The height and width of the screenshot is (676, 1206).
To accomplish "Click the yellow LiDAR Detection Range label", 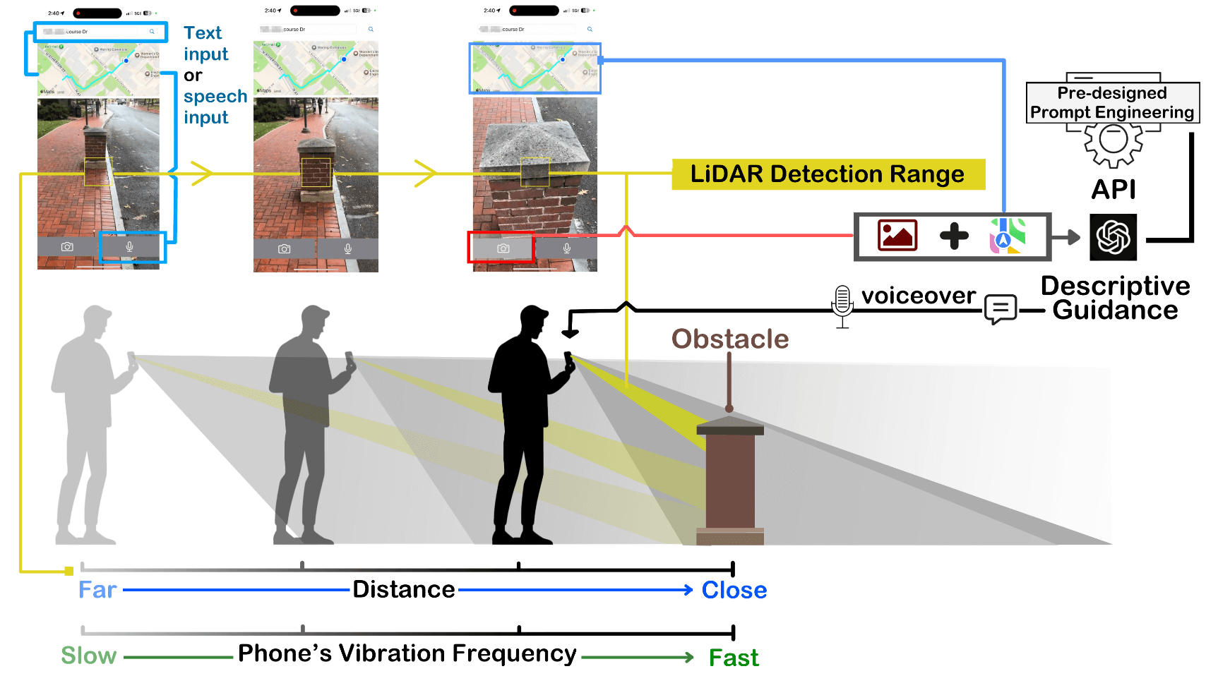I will [x=828, y=174].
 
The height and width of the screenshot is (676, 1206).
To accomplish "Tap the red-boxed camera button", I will [x=502, y=248].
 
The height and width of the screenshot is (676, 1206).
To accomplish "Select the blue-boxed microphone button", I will [x=130, y=247].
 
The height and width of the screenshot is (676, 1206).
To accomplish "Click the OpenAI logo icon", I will [x=1113, y=237].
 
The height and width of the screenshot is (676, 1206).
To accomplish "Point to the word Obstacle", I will [x=729, y=339].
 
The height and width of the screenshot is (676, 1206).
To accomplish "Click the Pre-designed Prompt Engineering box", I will [x=1111, y=103].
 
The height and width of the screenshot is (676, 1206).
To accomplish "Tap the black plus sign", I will [x=954, y=236].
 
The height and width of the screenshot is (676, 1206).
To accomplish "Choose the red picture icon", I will [x=897, y=235].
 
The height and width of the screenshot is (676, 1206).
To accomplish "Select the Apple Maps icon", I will [x=1008, y=236].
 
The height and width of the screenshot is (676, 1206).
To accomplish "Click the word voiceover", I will [x=919, y=295].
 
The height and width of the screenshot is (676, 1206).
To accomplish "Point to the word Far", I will [x=97, y=590].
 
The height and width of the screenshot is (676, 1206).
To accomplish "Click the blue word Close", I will [x=734, y=590].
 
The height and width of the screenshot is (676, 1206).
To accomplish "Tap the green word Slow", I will [x=88, y=656].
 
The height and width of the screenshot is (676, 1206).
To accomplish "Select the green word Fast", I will [x=734, y=658].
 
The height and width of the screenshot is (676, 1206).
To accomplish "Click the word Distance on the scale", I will [x=404, y=589].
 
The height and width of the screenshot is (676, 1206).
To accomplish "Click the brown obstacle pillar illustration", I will [x=730, y=480].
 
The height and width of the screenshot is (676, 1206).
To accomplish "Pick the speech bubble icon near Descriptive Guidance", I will [x=1001, y=308].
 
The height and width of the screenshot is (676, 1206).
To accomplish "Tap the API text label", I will [x=1114, y=189].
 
